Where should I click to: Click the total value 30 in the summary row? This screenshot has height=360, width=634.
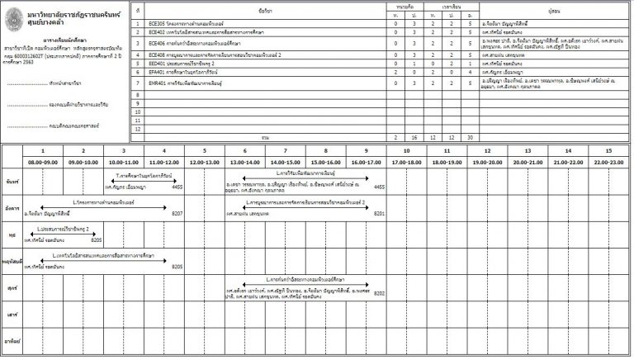[x=471, y=137]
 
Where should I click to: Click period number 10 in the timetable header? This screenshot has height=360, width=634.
[x=407, y=151]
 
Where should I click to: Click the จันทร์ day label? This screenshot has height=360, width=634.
[x=12, y=179]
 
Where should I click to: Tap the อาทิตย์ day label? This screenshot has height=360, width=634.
[x=12, y=340]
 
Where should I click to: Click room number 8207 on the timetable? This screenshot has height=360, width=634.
[x=177, y=213]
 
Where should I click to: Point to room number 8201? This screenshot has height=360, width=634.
[x=380, y=213]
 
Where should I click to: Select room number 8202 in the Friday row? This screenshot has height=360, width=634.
[x=380, y=293]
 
